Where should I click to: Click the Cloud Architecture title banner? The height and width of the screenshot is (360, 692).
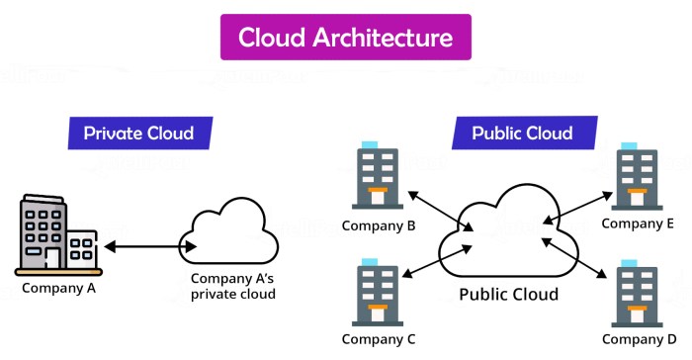(x=345, y=39)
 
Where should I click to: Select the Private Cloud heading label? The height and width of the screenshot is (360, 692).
(x=137, y=134)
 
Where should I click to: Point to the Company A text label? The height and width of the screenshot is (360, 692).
(x=58, y=289)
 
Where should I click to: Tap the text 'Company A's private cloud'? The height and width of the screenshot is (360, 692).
(x=233, y=286)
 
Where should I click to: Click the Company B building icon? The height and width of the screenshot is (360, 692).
(x=376, y=178)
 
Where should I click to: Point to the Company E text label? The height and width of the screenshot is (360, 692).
(x=638, y=225)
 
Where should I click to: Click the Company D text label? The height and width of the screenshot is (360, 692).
(x=638, y=340)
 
